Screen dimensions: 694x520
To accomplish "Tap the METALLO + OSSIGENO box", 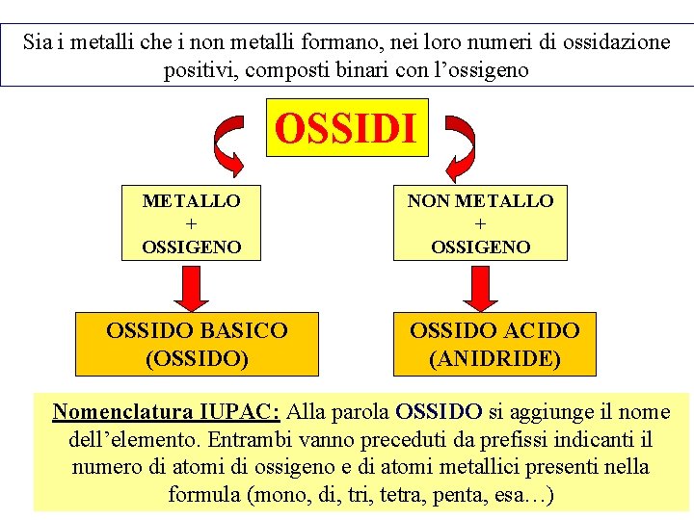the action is click(x=191, y=223).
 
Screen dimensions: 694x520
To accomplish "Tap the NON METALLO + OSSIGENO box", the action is click(x=480, y=223).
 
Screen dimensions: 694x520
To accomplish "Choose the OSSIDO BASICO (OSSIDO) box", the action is click(x=197, y=344).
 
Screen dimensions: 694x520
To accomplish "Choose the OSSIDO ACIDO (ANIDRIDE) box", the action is click(x=494, y=344).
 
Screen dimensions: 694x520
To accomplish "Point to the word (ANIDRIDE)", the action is click(x=494, y=358).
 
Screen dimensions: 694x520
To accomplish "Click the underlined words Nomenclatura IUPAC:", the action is click(x=166, y=412).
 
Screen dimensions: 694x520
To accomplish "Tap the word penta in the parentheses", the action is click(x=459, y=496).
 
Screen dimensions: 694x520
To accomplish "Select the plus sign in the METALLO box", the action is click(x=191, y=223).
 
